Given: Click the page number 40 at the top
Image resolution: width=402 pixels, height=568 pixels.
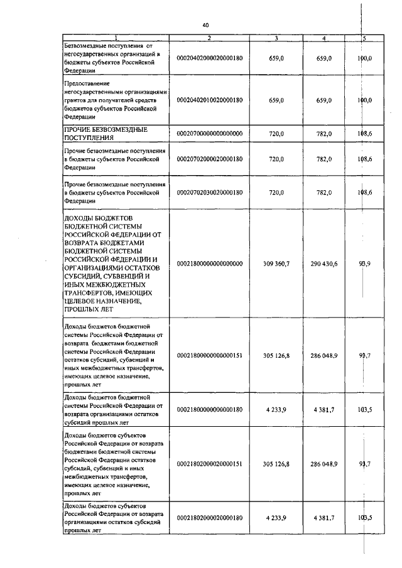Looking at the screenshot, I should pyautogui.click(x=205, y=25).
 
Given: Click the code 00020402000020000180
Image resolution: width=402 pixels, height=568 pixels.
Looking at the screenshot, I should pyautogui.click(x=209, y=58).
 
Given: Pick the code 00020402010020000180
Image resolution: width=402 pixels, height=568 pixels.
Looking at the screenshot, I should pyautogui.click(x=209, y=100).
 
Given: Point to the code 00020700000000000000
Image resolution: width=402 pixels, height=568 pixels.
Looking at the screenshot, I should pyautogui.click(x=209, y=134).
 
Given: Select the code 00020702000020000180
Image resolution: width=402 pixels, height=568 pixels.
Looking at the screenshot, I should pyautogui.click(x=209, y=159).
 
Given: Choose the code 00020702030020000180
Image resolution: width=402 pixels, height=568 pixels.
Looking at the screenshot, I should pyautogui.click(x=209, y=193).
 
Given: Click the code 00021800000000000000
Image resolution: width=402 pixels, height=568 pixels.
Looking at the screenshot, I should pyautogui.click(x=209, y=264).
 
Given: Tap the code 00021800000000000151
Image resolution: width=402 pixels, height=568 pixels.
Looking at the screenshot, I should pyautogui.click(x=209, y=356).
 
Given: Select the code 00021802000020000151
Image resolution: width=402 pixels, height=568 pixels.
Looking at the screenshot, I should pyautogui.click(x=209, y=463).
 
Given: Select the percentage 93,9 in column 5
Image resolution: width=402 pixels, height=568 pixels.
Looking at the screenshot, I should pyautogui.click(x=364, y=264).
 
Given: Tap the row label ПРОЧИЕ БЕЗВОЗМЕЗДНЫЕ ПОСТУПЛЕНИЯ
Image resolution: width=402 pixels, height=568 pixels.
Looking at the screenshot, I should pyautogui.click(x=106, y=134).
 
